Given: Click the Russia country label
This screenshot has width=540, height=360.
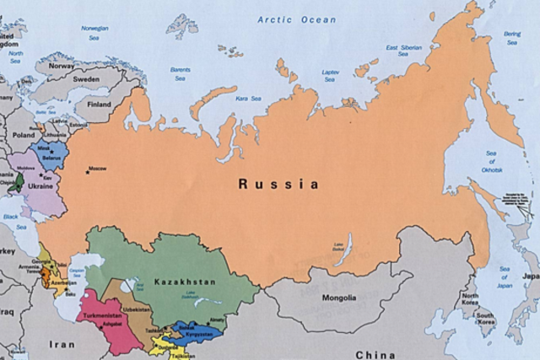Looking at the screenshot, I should coord(278,183).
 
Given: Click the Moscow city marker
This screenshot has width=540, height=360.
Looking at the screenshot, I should coord(87,169).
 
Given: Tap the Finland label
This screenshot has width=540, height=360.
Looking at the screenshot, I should coord(100,104).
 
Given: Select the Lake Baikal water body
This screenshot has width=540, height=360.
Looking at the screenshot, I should coord(343,250).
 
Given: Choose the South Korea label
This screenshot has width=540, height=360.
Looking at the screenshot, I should coord(484,319).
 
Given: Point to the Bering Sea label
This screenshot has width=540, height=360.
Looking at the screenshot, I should coord(512,37).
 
